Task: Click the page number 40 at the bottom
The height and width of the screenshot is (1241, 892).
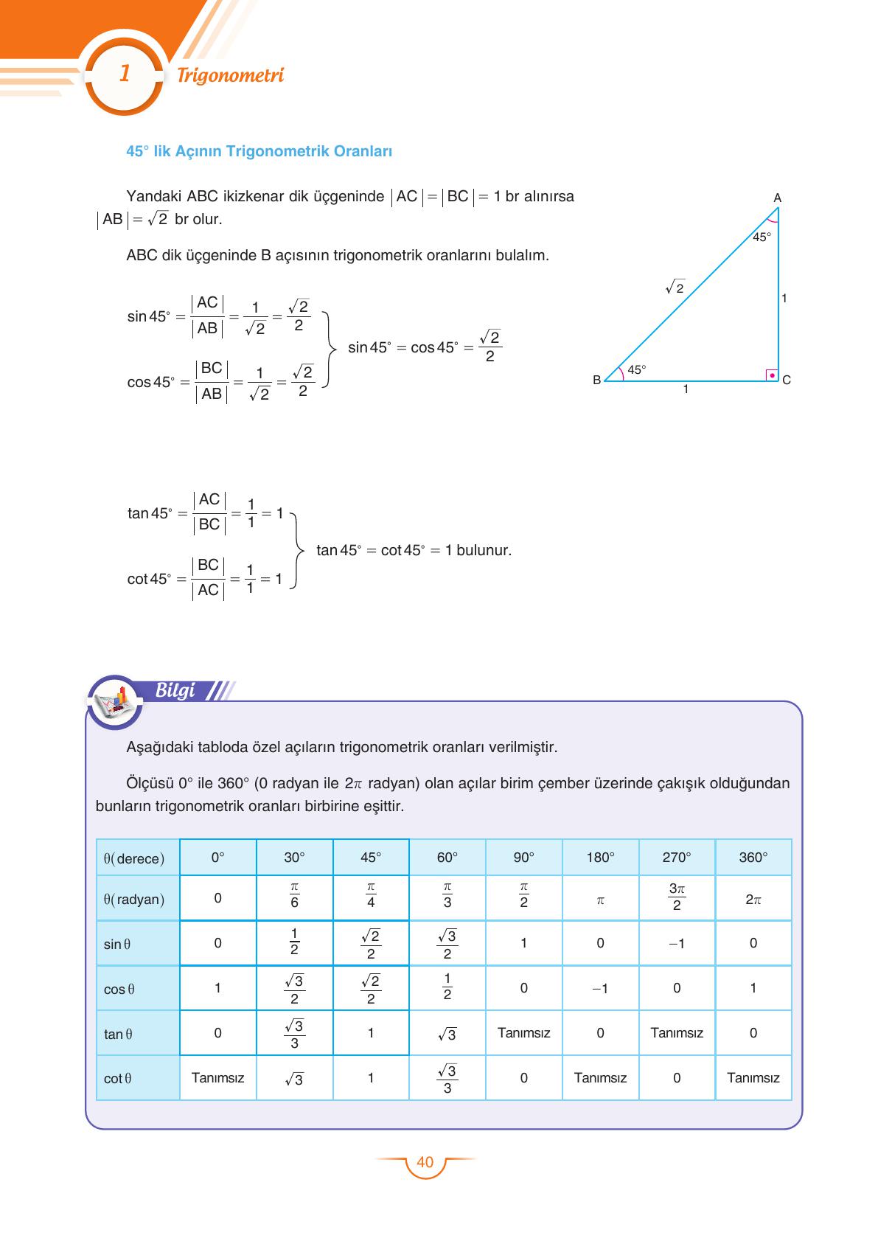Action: (425, 1162)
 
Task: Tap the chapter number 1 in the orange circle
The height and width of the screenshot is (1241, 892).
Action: (125, 74)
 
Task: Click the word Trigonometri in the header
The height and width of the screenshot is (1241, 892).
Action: (230, 75)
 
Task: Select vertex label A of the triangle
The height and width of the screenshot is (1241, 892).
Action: (777, 198)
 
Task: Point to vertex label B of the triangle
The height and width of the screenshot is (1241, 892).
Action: (596, 380)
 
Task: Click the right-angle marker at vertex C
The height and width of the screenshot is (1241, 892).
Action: (771, 375)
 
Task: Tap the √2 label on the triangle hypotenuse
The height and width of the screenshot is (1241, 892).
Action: (675, 288)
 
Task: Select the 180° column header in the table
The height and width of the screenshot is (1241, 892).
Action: (600, 858)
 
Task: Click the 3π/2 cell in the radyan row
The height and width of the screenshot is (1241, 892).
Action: (677, 897)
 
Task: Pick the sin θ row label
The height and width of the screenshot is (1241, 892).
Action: (117, 944)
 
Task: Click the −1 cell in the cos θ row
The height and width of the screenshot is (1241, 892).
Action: (600, 988)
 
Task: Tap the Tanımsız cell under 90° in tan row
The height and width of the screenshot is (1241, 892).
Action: (523, 1033)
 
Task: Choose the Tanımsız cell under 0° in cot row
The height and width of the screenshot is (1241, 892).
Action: (217, 1078)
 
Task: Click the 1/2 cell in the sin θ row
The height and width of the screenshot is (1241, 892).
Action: (294, 942)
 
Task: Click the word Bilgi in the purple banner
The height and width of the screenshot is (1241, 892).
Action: (175, 690)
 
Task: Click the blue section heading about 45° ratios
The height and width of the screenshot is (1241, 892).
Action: (259, 151)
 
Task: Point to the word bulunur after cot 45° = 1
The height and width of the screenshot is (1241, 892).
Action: (484, 550)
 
